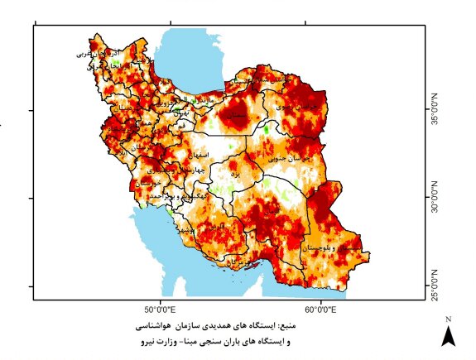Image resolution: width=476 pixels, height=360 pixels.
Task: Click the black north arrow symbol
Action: (x=448, y=336)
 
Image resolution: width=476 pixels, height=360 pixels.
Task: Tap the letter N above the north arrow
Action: (x=448, y=319)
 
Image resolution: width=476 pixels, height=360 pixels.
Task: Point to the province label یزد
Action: (x=235, y=175)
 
